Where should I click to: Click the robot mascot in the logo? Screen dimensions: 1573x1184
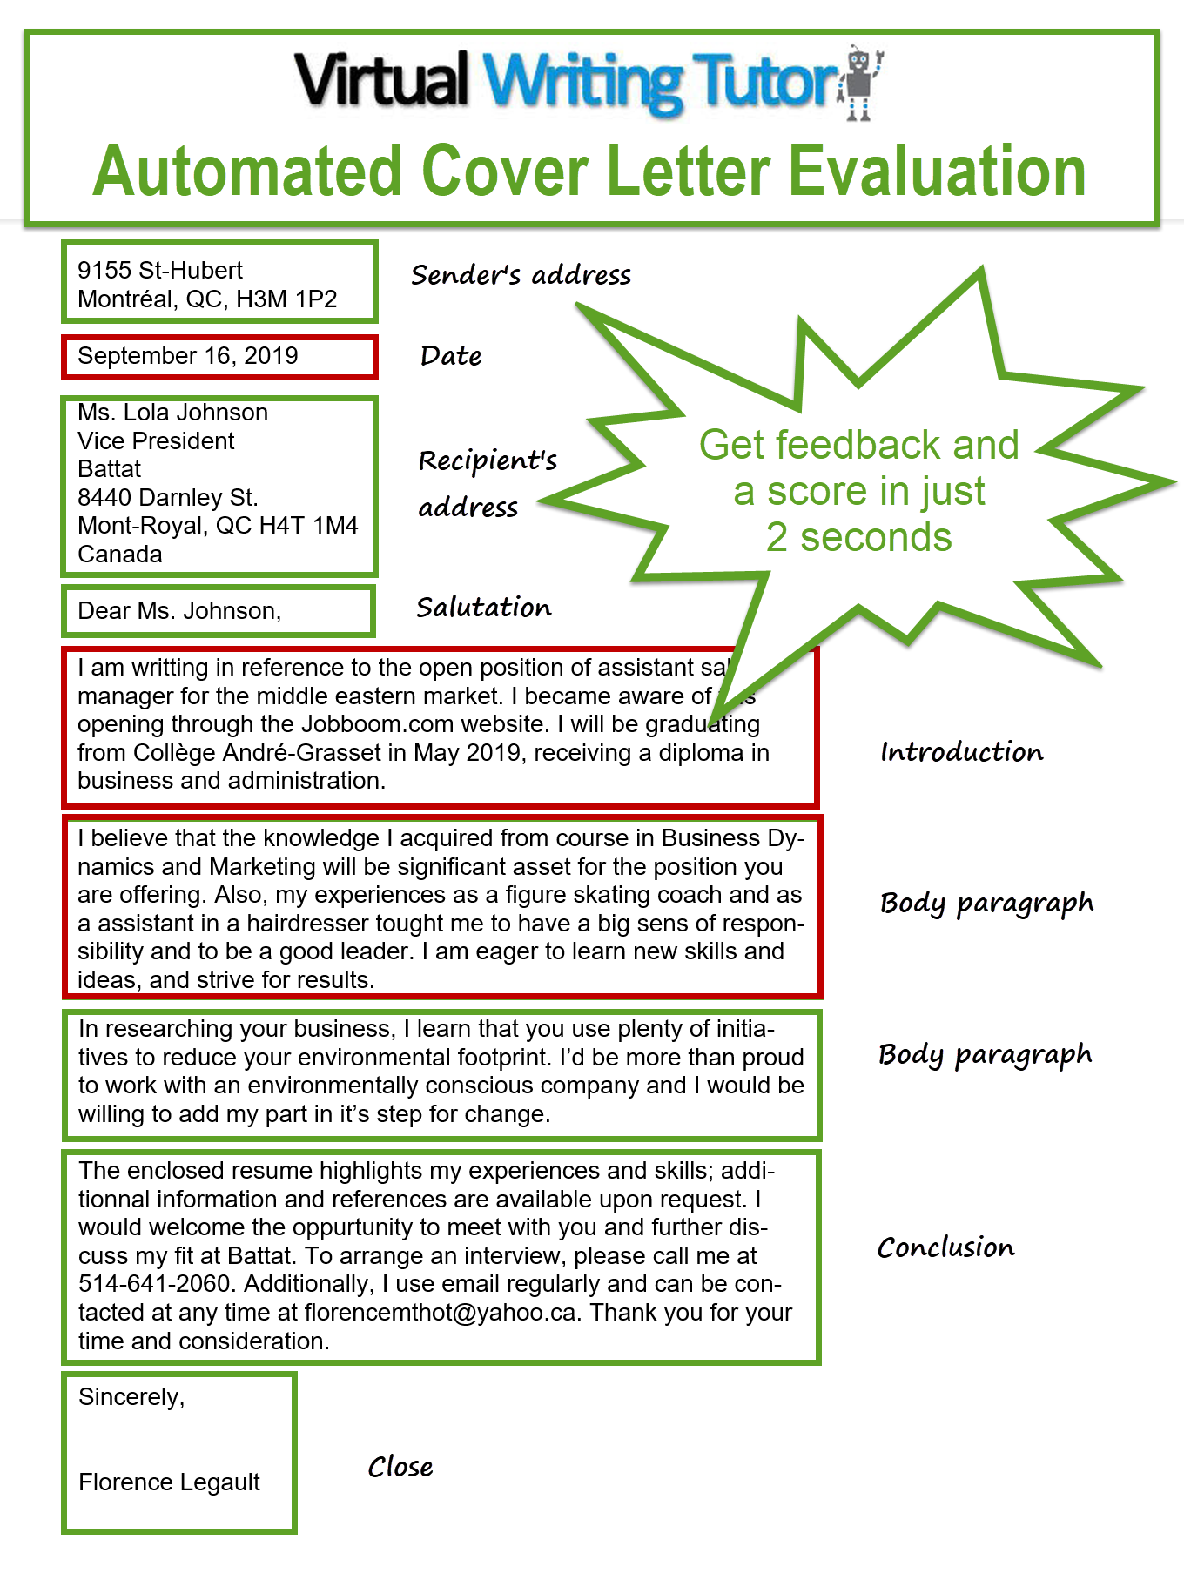click(860, 83)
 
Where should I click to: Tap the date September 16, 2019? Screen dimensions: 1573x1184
click(187, 356)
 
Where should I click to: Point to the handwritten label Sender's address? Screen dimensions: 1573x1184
click(521, 275)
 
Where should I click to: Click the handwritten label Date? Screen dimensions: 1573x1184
click(451, 356)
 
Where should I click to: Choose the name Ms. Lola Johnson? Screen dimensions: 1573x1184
click(172, 413)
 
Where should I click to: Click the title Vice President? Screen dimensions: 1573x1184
click(156, 441)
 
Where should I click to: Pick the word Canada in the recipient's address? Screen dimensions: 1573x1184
click(119, 555)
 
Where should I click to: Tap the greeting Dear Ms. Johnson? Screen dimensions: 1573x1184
click(179, 611)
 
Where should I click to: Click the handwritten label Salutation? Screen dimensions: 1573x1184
click(483, 608)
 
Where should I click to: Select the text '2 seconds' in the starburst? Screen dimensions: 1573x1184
click(858, 538)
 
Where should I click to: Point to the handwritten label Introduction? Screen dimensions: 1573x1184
click(961, 752)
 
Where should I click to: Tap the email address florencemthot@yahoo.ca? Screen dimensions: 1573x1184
click(440, 1313)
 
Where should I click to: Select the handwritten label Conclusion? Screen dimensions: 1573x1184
click(945, 1247)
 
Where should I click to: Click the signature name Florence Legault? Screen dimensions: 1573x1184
click(169, 1482)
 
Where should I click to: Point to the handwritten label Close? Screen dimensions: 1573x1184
click(400, 1468)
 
